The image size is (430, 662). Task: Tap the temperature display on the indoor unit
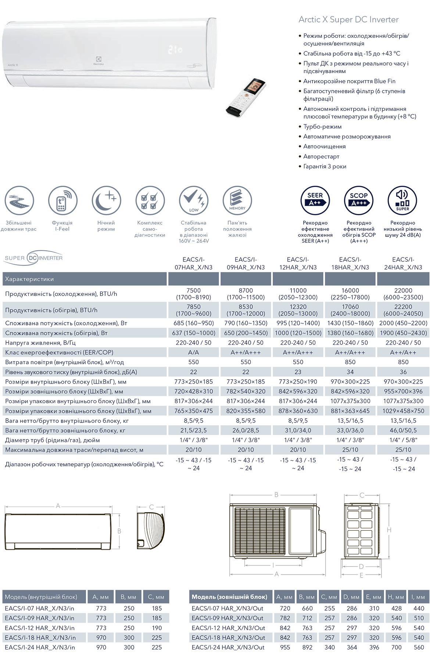tap(175, 49)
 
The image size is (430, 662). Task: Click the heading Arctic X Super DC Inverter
tap(348, 19)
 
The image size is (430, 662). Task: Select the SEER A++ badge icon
tap(315, 200)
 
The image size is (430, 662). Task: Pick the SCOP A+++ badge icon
tap(359, 200)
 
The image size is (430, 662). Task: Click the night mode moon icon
tap(106, 200)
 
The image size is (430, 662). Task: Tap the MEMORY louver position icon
tap(237, 200)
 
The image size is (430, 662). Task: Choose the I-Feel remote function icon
tap(62, 200)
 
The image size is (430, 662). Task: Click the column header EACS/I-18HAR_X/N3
tap(350, 263)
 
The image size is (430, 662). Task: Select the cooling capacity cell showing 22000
tap(403, 290)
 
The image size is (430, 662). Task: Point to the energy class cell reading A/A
tap(194, 352)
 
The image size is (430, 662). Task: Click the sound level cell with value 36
tap(403, 372)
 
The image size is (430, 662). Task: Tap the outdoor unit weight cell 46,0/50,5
tap(403, 430)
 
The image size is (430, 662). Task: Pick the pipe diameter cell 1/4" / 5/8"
tap(403, 440)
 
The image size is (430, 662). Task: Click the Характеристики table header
tap(29, 279)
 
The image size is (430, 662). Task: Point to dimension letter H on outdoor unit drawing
tap(389, 530)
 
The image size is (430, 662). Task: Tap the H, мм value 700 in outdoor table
tap(396, 647)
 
